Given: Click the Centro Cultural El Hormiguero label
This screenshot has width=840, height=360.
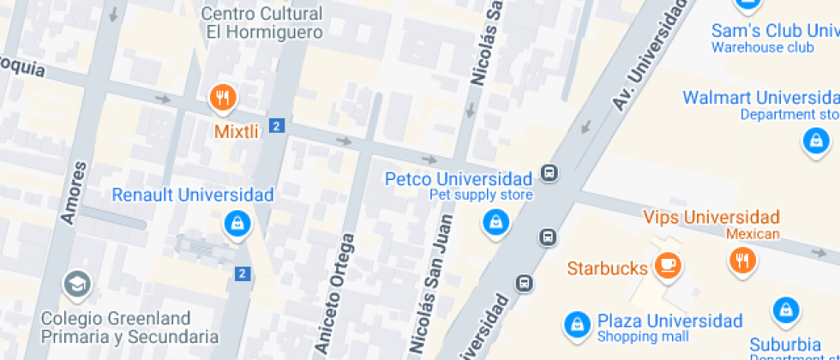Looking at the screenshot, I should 263,23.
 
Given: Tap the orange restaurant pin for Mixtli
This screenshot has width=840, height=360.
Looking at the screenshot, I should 223,97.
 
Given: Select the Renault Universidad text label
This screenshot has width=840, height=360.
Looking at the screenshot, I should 193,195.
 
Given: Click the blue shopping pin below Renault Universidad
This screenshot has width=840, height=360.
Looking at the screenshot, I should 236,224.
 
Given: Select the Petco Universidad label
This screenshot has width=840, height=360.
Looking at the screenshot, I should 459,179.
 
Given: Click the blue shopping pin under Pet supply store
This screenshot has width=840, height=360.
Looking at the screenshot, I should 495,224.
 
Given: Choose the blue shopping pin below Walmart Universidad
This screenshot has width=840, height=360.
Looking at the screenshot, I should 815,140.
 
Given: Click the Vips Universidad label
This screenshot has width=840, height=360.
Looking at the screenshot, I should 711,217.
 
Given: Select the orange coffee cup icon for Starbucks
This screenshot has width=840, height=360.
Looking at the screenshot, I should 668,266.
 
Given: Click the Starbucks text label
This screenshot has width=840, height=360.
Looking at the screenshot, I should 607,268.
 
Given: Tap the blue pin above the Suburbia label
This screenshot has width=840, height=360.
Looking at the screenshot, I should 786,311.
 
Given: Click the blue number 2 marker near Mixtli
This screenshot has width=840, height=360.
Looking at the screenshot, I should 275,126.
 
